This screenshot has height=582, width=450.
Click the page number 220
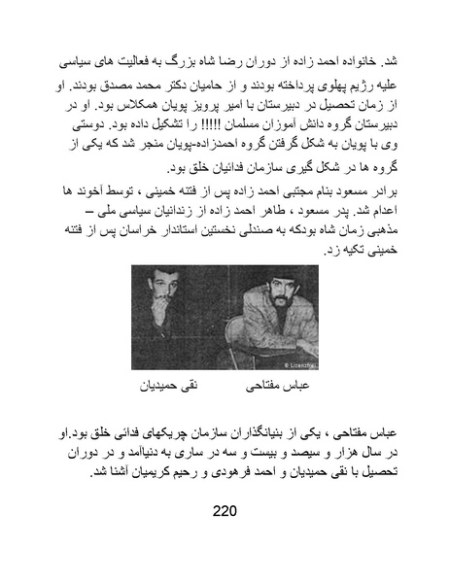[225, 511]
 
